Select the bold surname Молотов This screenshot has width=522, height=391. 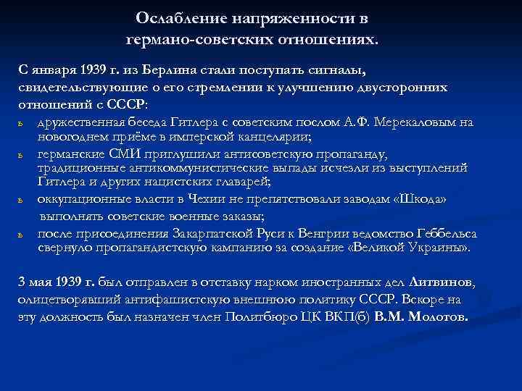tap(439, 316)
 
